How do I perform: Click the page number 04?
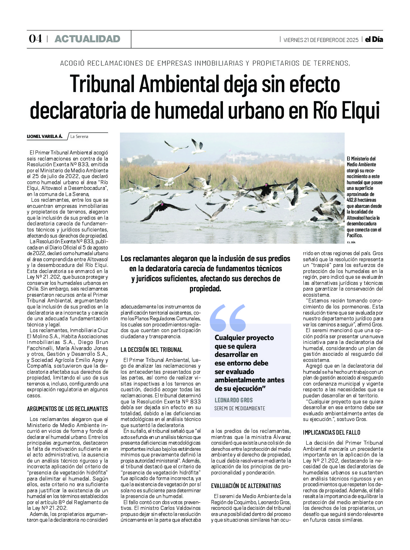[35, 39]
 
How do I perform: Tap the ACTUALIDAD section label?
[87, 39]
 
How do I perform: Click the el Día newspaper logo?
[374, 39]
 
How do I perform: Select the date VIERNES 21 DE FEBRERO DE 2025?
[321, 40]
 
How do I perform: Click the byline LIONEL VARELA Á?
[45, 136]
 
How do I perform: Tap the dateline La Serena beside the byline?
[79, 137]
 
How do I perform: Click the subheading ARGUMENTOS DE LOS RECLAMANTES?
[67, 408]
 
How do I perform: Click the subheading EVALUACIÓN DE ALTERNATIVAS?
[246, 486]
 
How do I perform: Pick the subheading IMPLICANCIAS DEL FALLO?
[331, 432]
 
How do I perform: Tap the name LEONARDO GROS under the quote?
[233, 400]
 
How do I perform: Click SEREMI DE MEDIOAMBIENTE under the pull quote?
[239, 408]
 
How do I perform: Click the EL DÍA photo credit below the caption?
[350, 243]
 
